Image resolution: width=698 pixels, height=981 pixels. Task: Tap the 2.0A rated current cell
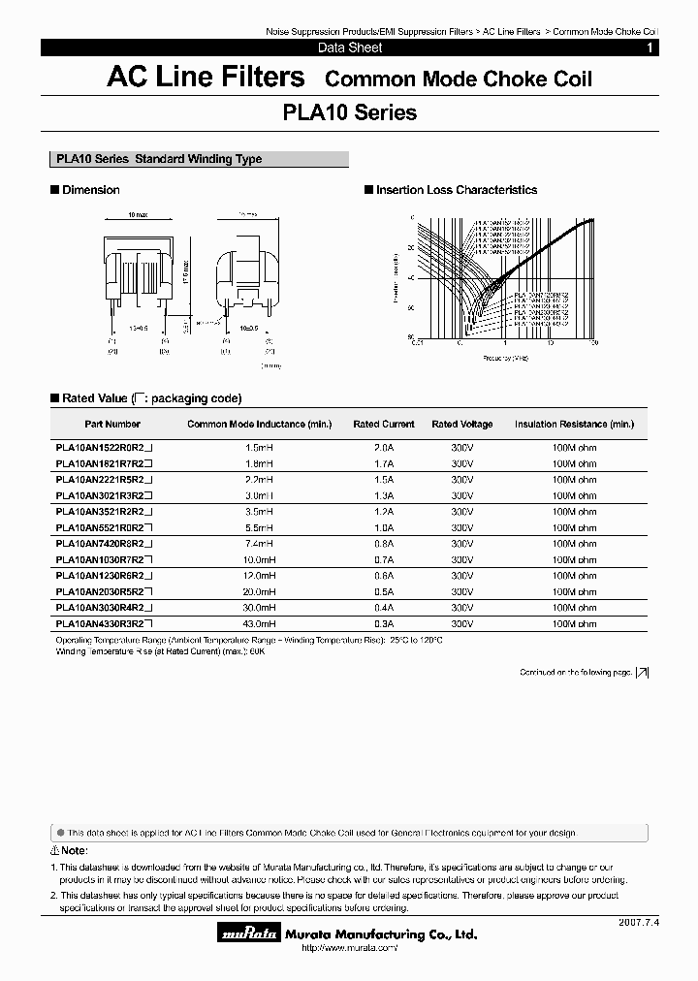tap(383, 448)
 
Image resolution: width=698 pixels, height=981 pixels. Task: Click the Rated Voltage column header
tap(461, 424)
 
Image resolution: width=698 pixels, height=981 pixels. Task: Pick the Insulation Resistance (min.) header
tap(574, 424)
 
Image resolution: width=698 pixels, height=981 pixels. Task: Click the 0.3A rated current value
tap(383, 623)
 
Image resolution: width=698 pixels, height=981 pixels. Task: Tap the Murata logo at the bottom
tap(251, 934)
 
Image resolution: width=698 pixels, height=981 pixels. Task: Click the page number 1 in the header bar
tap(650, 47)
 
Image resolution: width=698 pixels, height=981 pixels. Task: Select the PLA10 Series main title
tap(349, 112)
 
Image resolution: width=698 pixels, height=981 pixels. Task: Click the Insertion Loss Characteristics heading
tap(456, 190)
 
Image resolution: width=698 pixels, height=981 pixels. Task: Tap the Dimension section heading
tap(90, 190)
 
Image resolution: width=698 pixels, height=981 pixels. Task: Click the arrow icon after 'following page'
tap(642, 672)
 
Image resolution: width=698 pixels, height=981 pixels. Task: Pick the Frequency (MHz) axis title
tap(504, 358)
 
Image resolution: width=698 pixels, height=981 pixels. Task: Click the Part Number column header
tap(112, 424)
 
